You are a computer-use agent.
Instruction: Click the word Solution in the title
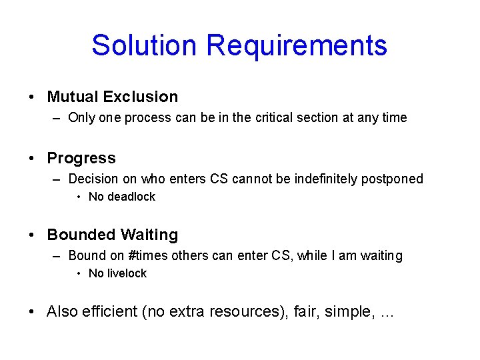(145, 45)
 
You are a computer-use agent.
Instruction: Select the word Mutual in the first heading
(72, 97)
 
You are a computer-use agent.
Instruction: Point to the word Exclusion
(140, 97)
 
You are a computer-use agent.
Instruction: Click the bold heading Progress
(81, 158)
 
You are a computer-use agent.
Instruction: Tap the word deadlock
(131, 197)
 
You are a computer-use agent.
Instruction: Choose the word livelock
(127, 273)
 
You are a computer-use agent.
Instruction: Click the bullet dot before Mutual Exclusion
(32, 97)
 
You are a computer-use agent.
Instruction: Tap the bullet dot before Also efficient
(32, 312)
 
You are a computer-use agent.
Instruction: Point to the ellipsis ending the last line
(386, 313)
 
